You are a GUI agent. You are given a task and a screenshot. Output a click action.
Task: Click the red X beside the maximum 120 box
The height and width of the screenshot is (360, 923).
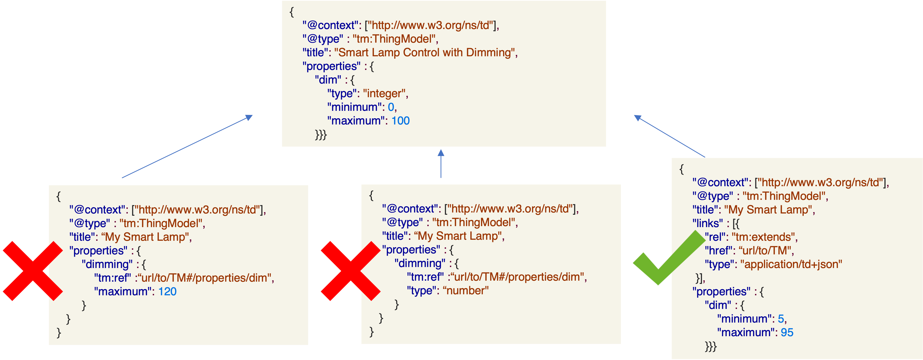[x=32, y=271]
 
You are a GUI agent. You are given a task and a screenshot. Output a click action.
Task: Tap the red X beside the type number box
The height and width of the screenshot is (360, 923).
[x=350, y=271]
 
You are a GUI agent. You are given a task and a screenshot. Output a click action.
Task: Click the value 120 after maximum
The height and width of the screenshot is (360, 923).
[x=167, y=292]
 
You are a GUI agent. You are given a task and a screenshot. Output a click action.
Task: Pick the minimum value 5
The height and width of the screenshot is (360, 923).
[x=781, y=319]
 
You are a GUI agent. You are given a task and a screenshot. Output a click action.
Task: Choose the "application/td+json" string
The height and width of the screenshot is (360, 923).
[x=793, y=264]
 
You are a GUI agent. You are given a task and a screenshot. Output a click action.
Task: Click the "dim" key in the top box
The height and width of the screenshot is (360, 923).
[x=328, y=80]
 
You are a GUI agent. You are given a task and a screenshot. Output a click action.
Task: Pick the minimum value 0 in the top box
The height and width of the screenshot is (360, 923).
[x=391, y=107]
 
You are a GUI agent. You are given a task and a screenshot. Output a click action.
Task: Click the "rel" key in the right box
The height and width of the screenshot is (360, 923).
[x=715, y=237]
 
